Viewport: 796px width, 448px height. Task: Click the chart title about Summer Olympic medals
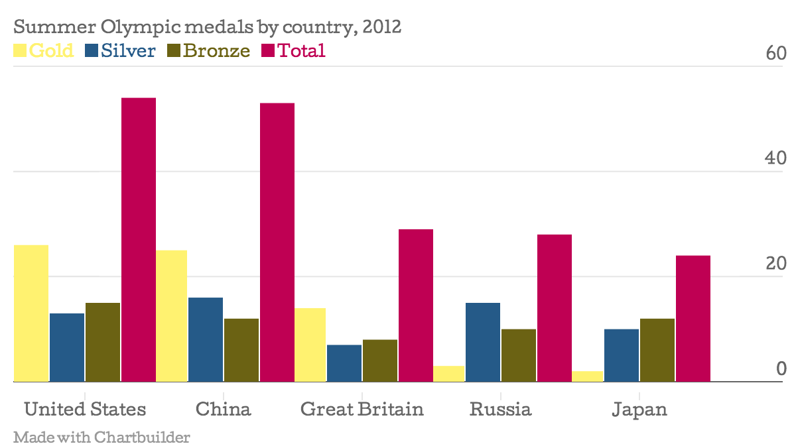coord(208,28)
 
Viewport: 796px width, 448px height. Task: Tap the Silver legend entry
coord(121,50)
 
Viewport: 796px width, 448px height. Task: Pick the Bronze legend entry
coord(209,50)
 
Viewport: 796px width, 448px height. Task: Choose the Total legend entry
coord(293,50)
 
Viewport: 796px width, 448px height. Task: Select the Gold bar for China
coord(170,316)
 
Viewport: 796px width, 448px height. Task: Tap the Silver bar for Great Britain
coord(344,363)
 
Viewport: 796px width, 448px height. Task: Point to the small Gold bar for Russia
coord(448,374)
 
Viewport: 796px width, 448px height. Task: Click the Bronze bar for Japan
coord(657,350)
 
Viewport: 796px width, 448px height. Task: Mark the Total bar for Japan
coord(693,319)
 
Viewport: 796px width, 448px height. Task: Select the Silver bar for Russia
coord(483,342)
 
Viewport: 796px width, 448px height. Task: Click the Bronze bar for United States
coord(103,342)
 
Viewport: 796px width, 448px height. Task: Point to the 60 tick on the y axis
coord(775,54)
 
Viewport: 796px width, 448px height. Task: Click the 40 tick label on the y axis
coord(775,158)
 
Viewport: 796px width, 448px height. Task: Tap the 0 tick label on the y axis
coord(781,368)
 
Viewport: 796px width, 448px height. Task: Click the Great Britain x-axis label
coord(362,409)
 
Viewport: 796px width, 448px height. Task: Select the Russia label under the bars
coord(500,409)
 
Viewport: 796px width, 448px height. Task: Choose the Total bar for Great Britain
coord(416,306)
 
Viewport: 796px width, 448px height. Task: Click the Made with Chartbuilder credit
coord(101,437)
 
